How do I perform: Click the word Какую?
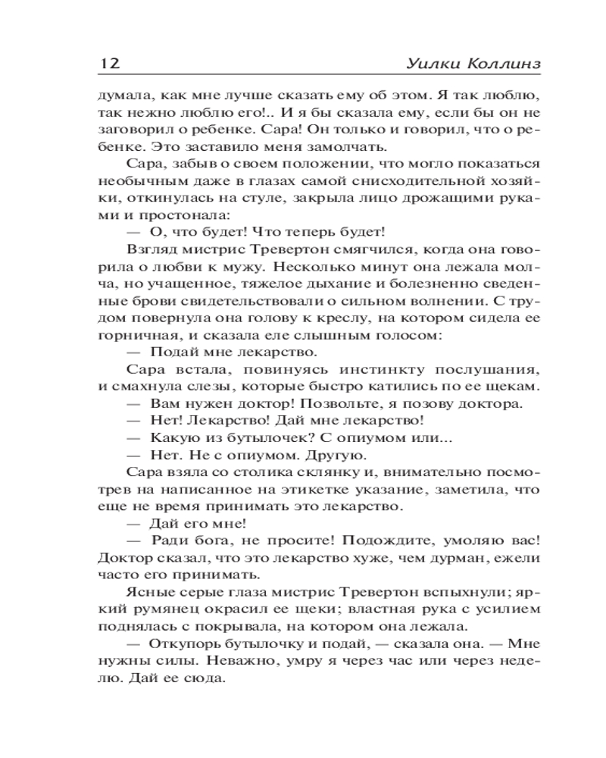click(x=171, y=437)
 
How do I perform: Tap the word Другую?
click(x=339, y=455)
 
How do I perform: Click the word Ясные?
click(x=146, y=591)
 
